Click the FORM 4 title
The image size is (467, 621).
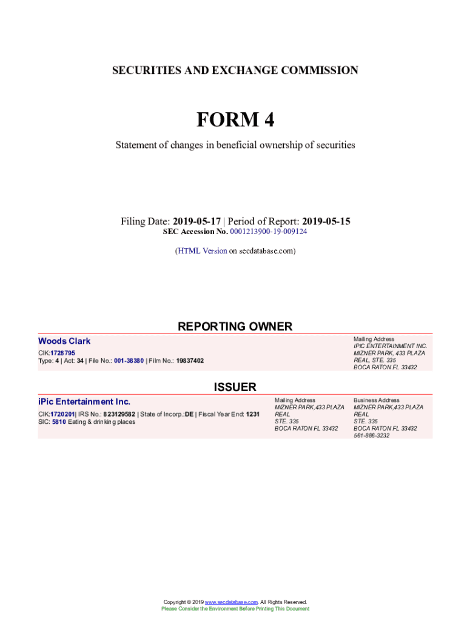click(235, 120)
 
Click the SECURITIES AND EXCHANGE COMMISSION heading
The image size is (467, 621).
click(235, 70)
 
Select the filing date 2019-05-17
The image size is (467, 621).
click(197, 221)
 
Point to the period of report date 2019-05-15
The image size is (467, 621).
click(326, 221)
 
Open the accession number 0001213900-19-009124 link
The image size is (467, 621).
click(269, 232)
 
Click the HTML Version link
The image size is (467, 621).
click(203, 250)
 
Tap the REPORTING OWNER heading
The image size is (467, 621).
click(235, 327)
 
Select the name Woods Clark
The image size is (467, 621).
click(64, 341)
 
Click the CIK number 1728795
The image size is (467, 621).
click(63, 353)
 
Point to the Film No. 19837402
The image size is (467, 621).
click(190, 361)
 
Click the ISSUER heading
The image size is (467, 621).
click(235, 387)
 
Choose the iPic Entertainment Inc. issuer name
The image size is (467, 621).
click(84, 402)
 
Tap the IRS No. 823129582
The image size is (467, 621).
click(119, 414)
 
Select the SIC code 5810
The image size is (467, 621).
click(59, 422)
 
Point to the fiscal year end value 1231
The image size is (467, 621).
click(253, 414)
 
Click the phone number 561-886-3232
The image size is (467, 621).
click(372, 435)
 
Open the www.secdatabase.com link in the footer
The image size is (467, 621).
click(231, 602)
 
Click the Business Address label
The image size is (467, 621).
click(377, 400)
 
